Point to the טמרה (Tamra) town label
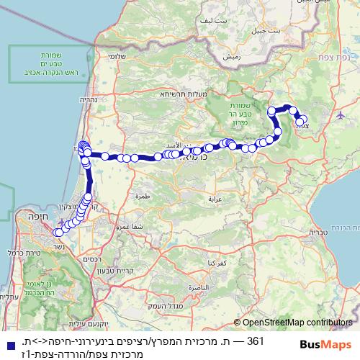click(x=141, y=195)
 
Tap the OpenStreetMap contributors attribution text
click(x=295, y=323)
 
